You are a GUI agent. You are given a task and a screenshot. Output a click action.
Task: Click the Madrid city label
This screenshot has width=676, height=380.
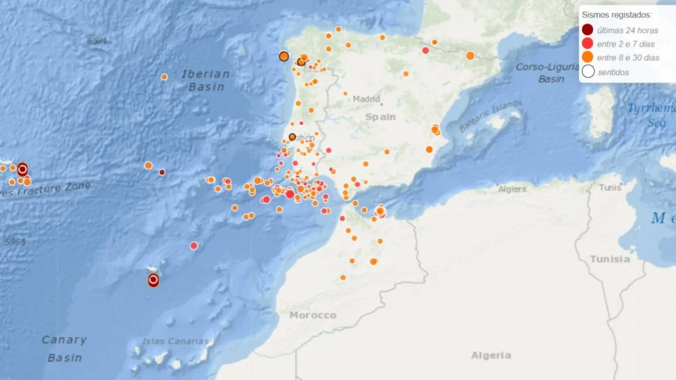pos(366,99)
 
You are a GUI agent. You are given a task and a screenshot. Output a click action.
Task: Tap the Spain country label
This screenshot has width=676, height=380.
pos(380,117)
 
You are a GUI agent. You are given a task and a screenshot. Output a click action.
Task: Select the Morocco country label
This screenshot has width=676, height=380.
pos(313,315)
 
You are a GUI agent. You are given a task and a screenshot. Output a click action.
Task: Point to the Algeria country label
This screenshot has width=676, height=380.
pos(491,355)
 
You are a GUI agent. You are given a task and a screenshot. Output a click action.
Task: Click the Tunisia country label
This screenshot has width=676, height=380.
pos(610,259)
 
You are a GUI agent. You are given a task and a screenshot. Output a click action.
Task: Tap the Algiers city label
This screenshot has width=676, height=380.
pos(512,189)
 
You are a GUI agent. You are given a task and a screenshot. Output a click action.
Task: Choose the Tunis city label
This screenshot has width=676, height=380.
pos(610,187)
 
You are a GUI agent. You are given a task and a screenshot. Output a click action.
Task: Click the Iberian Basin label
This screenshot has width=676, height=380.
pos(206,80)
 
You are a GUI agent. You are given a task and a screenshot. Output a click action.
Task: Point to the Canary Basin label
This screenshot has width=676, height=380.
pos(64,348)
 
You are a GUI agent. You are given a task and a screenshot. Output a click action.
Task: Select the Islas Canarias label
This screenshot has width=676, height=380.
pos(175,341)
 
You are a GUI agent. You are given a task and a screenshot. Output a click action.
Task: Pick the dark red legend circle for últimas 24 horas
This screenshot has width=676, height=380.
pos(588,30)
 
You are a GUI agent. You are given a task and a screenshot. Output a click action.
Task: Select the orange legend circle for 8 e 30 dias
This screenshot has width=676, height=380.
pos(588,57)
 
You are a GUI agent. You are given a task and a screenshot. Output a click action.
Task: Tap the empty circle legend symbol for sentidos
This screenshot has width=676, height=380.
pos(588,71)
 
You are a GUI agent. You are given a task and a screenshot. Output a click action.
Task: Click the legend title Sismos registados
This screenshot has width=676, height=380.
pos(616,15)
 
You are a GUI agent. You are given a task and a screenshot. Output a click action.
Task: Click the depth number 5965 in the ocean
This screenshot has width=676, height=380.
pos(15,242)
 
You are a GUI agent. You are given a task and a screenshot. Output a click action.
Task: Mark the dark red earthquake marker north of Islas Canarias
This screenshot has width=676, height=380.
pos(153,280)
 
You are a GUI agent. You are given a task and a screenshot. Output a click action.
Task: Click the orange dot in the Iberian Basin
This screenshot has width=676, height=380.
pos(164,77)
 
